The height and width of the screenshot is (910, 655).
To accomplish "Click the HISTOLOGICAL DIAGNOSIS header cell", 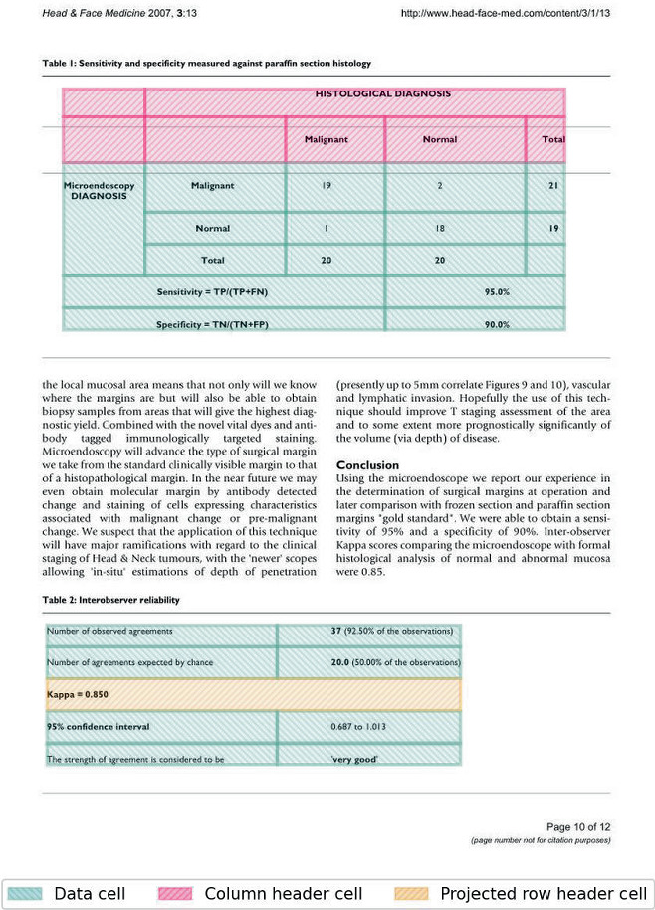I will pyautogui.click(x=382, y=94).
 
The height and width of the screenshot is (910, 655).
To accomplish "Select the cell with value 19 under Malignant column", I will pyautogui.click(x=326, y=185).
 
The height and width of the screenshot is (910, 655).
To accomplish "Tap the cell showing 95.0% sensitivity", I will pyautogui.click(x=497, y=292).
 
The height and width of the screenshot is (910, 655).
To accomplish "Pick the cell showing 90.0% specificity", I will pyautogui.click(x=497, y=324).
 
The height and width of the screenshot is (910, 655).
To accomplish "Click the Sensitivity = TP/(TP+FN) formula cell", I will pyautogui.click(x=212, y=292).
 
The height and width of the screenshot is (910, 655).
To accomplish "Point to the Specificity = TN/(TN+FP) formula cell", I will pyautogui.click(x=212, y=324).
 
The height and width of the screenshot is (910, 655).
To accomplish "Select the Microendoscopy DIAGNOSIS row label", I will pyautogui.click(x=99, y=190).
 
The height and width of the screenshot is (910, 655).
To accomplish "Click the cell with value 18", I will pyautogui.click(x=439, y=228).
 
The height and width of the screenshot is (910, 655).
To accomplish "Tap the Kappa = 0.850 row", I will pyautogui.click(x=253, y=694).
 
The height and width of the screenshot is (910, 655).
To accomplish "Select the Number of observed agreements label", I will pyautogui.click(x=110, y=631).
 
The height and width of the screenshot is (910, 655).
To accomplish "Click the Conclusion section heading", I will pyautogui.click(x=367, y=465).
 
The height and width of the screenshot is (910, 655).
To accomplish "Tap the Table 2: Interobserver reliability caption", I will pyautogui.click(x=110, y=601).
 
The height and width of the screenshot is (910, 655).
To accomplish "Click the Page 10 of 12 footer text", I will pyautogui.click(x=578, y=827).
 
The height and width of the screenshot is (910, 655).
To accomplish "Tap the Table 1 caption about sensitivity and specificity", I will pyautogui.click(x=206, y=63).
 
